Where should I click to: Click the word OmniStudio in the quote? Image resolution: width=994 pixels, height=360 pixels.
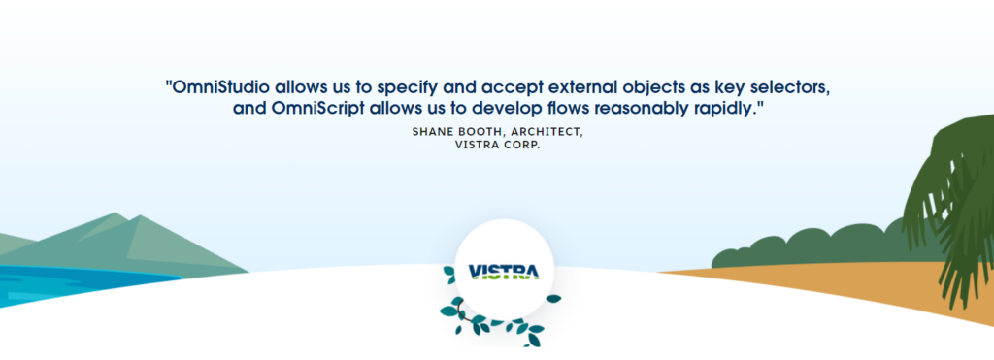point(218,87)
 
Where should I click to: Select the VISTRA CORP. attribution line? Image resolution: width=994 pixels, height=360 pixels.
point(497,146)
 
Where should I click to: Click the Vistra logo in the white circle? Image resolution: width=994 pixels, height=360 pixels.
point(504,272)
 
